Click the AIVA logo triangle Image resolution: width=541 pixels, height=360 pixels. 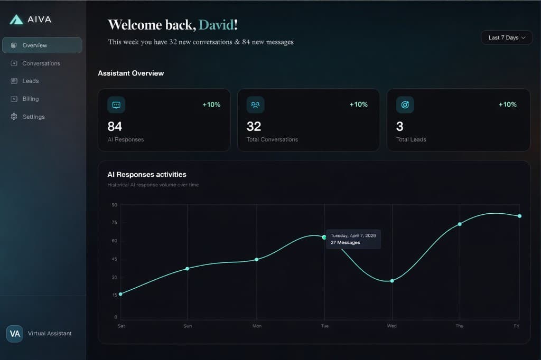coord(16,20)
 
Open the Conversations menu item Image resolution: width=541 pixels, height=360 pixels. coord(41,63)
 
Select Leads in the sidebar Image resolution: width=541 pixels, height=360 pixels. coord(31,81)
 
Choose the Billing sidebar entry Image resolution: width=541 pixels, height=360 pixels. coord(31,99)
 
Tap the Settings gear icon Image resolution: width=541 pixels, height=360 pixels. coord(14,117)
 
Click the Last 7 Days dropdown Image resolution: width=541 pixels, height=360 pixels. coord(506,37)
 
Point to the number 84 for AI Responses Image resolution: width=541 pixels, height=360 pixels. coord(115,126)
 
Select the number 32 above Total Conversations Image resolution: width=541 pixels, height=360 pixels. coord(254,126)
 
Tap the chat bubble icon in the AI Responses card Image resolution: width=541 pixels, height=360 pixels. coord(116,105)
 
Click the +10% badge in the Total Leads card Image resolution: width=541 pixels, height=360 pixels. coord(507,105)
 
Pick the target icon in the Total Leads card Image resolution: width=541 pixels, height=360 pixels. coord(405,105)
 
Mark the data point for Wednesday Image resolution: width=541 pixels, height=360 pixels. coord(392,281)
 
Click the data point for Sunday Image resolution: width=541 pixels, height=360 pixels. coord(187,269)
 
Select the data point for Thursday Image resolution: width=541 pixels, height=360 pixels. coord(460,224)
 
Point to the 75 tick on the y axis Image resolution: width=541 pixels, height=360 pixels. coord(114,223)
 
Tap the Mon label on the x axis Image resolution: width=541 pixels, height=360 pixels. coord(257,326)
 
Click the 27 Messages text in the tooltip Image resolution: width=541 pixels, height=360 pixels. coord(346,243)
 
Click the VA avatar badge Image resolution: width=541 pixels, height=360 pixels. coord(15,334)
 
